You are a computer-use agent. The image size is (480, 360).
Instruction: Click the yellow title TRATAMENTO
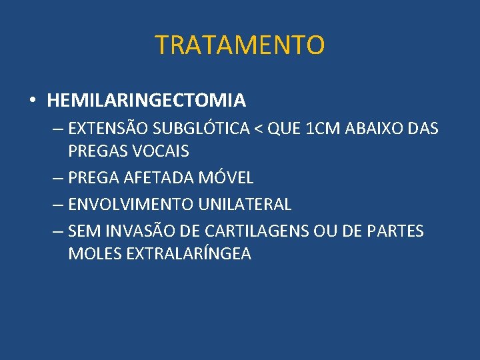coord(240,45)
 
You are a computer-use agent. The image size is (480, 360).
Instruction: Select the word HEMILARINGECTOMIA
coord(146,101)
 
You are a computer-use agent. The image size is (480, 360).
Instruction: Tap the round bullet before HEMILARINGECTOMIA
coord(33,101)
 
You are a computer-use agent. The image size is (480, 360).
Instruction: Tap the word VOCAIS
coord(160,151)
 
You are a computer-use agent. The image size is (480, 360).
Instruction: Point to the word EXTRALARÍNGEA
coord(186,254)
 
